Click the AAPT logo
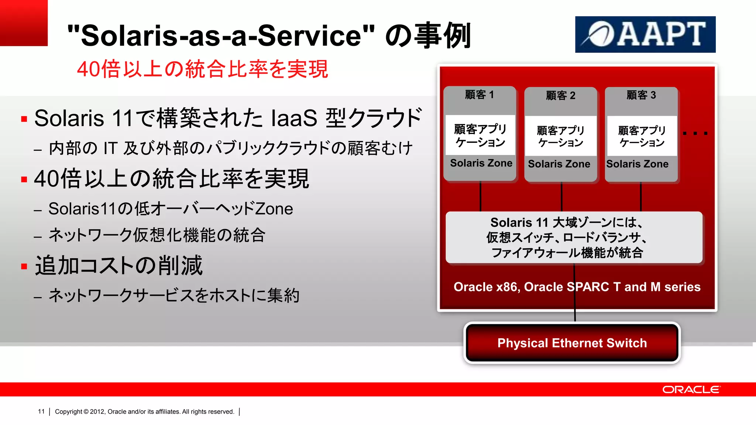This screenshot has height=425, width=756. (645, 34)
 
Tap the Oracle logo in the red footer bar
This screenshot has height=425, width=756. (691, 390)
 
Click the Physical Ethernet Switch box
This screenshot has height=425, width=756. (572, 343)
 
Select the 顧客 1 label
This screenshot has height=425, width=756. (479, 95)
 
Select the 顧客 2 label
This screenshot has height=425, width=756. (560, 96)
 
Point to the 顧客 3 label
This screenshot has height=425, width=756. (641, 95)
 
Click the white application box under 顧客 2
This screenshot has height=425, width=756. (560, 136)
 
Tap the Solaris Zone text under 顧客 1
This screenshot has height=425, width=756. (481, 163)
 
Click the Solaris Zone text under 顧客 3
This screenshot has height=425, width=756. (637, 164)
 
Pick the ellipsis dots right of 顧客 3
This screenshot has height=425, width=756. (695, 133)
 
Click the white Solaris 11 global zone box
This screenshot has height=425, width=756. (574, 237)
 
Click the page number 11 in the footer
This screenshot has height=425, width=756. (41, 411)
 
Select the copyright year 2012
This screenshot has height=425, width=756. (97, 412)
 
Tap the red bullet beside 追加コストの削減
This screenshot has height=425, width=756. (24, 266)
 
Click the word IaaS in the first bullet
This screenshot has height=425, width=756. (294, 118)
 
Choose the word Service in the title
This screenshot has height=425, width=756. (310, 36)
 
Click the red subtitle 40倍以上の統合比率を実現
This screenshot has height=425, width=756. (202, 69)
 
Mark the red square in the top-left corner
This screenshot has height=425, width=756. (24, 23)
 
